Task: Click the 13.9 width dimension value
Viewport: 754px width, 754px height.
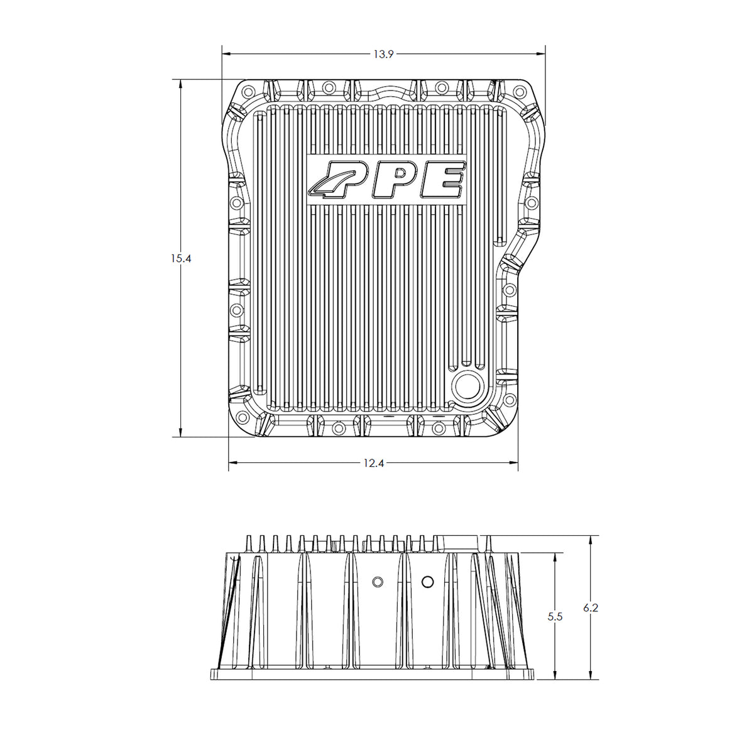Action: click(383, 55)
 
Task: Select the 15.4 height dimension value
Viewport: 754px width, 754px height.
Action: click(181, 258)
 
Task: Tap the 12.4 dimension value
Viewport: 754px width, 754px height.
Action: click(374, 463)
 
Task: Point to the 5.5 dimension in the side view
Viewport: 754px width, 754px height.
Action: click(555, 617)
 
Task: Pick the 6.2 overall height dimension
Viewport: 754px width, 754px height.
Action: click(591, 608)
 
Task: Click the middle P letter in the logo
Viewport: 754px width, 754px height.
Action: click(395, 179)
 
